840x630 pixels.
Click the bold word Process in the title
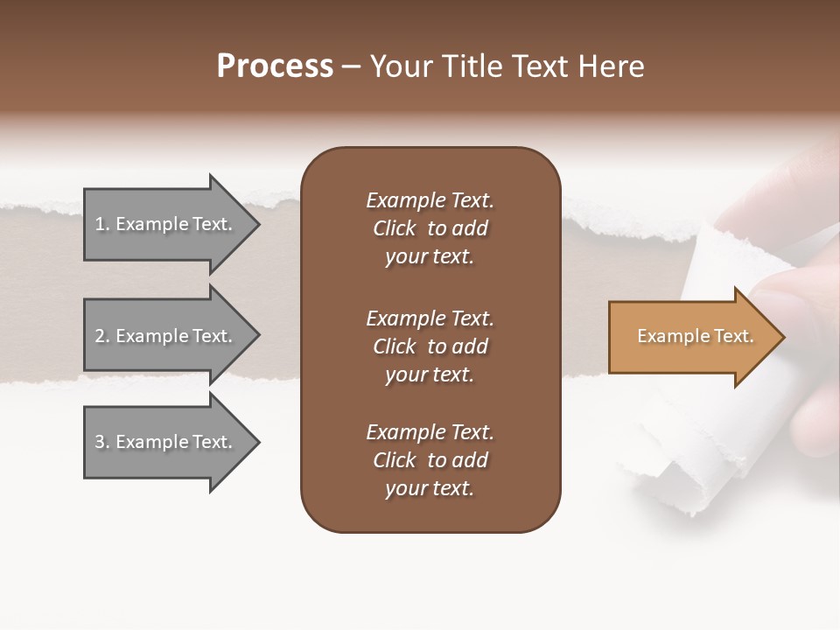click(275, 66)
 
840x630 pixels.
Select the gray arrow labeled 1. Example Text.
click(166, 224)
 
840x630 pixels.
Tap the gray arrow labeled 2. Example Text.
click(166, 336)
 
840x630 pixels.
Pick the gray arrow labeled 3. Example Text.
click(166, 442)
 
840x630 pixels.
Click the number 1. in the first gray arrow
click(102, 224)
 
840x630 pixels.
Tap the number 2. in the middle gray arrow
click(102, 336)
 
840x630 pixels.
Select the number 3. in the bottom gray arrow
click(102, 442)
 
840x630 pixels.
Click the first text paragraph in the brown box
click(430, 228)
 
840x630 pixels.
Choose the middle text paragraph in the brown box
click(430, 346)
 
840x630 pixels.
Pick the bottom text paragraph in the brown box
click(430, 460)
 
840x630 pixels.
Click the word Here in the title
click(614, 66)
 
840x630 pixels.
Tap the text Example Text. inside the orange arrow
click(695, 336)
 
